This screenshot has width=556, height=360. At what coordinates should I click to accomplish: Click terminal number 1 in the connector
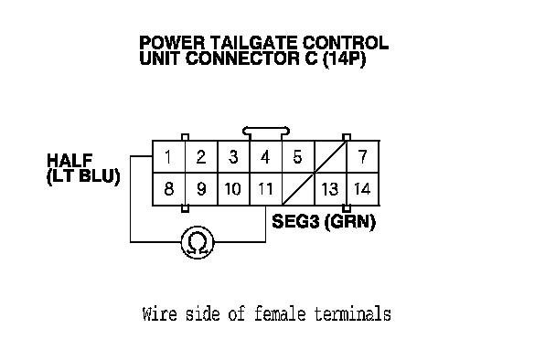[x=168, y=157]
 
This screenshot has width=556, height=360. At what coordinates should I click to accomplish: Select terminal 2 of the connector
[x=200, y=157]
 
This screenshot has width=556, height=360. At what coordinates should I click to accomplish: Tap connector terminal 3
[x=233, y=157]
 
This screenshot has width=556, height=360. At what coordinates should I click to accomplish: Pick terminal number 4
[x=265, y=157]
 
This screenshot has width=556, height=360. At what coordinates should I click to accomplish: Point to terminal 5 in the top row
[x=297, y=157]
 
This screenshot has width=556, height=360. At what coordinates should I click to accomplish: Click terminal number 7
[x=362, y=157]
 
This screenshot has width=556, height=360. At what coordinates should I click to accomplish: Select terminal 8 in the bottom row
[x=169, y=189]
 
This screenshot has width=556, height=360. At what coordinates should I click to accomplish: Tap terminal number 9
[x=201, y=189]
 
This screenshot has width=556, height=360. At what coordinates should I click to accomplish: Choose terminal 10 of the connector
[x=233, y=189]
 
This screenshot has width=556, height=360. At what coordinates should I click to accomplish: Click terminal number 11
[x=265, y=189]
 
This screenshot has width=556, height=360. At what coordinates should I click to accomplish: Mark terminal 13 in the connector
[x=330, y=189]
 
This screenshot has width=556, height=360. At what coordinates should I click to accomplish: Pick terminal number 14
[x=362, y=189]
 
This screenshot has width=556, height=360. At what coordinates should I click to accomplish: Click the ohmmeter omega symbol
[x=198, y=243]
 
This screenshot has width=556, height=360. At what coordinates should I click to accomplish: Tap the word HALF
[x=69, y=160]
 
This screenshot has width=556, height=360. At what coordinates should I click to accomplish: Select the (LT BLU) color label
[x=83, y=176]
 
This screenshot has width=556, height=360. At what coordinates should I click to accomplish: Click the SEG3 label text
[x=295, y=221]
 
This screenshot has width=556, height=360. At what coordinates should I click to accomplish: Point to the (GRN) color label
[x=350, y=222]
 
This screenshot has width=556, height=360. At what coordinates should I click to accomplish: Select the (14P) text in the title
[x=344, y=58]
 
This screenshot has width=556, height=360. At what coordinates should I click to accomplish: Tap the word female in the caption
[x=280, y=314]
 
